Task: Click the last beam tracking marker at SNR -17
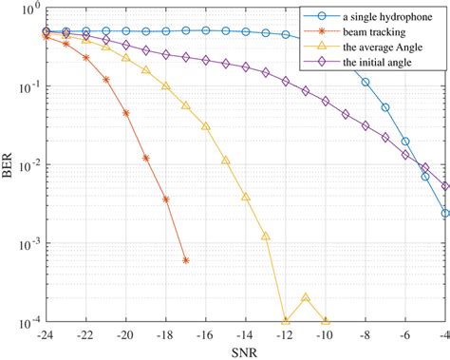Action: coord(186,260)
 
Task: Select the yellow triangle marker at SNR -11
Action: coord(306,297)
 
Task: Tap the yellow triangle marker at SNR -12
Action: coord(286,320)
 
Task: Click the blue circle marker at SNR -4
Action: coord(445,213)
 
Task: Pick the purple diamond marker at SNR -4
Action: coord(445,186)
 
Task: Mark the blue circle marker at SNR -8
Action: coord(366,83)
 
